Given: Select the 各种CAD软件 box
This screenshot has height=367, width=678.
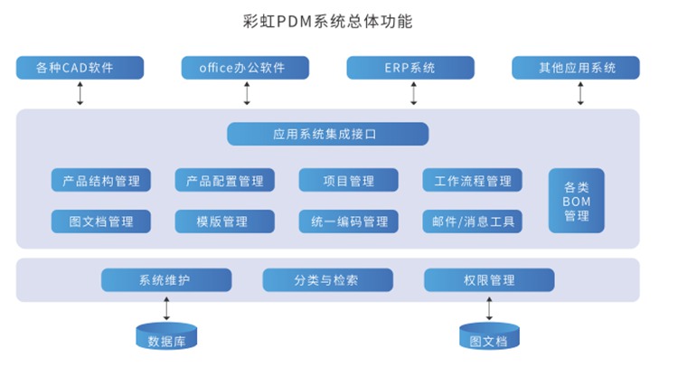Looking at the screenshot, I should click(x=80, y=68).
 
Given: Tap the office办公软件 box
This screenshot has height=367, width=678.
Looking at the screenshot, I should click(x=246, y=68).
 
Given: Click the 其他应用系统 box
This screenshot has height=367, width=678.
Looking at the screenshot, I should click(x=576, y=68).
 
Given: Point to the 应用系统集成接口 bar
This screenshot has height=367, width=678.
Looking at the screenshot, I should click(x=327, y=134).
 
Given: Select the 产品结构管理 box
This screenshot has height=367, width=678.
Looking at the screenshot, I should click(x=101, y=180).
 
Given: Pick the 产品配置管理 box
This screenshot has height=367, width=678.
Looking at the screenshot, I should click(x=225, y=180).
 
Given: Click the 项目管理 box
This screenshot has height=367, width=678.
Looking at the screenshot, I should click(x=349, y=180).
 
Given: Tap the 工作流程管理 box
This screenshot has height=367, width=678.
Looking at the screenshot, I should click(x=473, y=180).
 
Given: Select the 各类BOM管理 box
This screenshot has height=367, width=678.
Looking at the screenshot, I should click(x=577, y=201).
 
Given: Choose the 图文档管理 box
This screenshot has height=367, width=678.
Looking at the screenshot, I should click(x=101, y=221).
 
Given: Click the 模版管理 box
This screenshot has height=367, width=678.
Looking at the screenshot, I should click(x=225, y=221).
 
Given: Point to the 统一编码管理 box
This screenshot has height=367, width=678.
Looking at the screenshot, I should click(x=349, y=221).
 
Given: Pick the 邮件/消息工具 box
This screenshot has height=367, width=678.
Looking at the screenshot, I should click(x=473, y=221).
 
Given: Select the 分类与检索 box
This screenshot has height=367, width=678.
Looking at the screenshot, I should click(x=327, y=280).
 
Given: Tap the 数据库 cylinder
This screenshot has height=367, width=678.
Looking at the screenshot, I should click(x=166, y=337).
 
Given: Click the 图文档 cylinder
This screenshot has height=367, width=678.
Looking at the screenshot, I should click(x=489, y=337).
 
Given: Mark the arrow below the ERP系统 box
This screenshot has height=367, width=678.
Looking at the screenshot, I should click(x=414, y=93).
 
